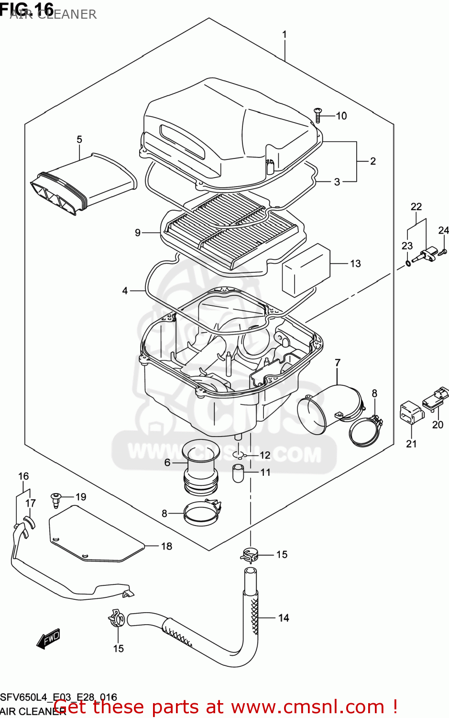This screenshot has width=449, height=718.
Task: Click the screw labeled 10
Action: tap(318, 115)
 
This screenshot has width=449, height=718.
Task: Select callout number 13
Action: tap(355, 264)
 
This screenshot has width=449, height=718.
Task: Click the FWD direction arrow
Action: tap(49, 638)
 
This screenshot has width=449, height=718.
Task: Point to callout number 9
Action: tap(138, 233)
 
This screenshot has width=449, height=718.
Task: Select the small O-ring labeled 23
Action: tap(407, 263)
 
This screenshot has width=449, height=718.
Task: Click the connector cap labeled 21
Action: tap(410, 413)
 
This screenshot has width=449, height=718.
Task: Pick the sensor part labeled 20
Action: tap(435, 399)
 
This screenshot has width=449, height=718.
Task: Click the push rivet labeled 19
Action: tap(56, 499)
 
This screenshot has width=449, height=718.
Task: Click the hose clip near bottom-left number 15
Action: tap(116, 619)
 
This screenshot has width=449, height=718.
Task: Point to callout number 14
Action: tap(284, 618)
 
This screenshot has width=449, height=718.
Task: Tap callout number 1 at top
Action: tap(285, 34)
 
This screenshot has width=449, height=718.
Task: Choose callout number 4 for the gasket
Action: tap(125, 291)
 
